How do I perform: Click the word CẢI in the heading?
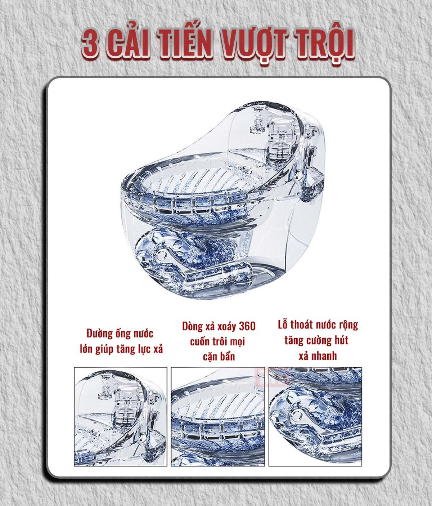click(x=128, y=44)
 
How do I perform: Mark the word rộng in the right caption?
click(x=348, y=325)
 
